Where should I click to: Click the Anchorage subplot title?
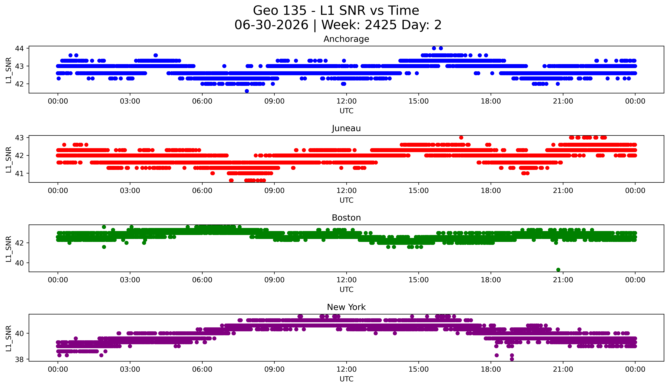[x=346, y=39]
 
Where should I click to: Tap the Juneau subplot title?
[x=346, y=128]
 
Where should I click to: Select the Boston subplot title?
[x=346, y=218]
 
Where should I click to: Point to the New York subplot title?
[x=346, y=307]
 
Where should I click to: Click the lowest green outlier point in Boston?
[x=558, y=270]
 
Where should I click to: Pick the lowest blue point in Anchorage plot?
[x=247, y=91]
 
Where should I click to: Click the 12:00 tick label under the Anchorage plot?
[x=346, y=101]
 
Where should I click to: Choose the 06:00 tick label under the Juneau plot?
[x=202, y=191]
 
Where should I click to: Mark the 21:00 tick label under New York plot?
[x=563, y=369]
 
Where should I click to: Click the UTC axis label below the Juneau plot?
[x=346, y=200]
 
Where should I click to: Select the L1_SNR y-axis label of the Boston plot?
[x=8, y=249]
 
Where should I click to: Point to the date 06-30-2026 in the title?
[x=271, y=25]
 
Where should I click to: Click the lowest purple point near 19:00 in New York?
[x=512, y=359]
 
